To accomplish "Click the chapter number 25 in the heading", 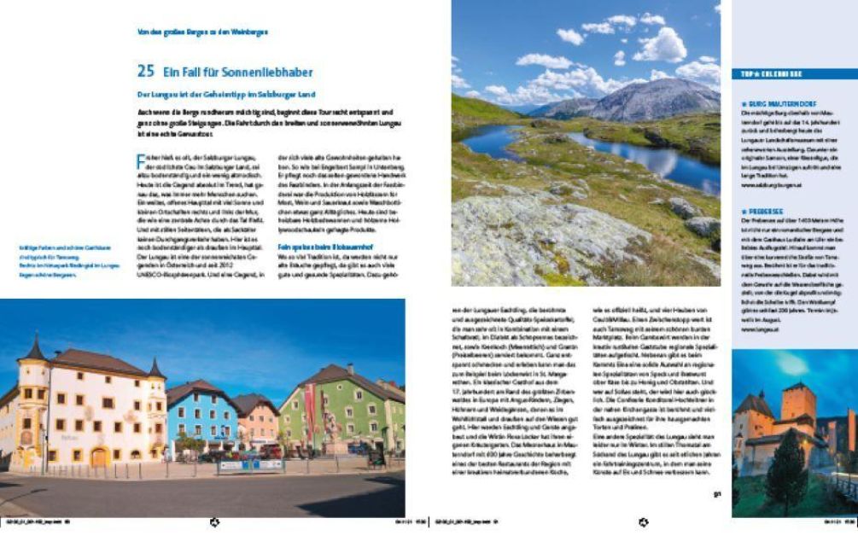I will (x=144, y=73).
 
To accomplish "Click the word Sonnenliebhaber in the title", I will (x=266, y=73).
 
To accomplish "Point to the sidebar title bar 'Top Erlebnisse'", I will (x=795, y=74).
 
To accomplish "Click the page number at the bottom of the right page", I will (x=717, y=492).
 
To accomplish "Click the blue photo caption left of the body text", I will (x=69, y=265).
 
